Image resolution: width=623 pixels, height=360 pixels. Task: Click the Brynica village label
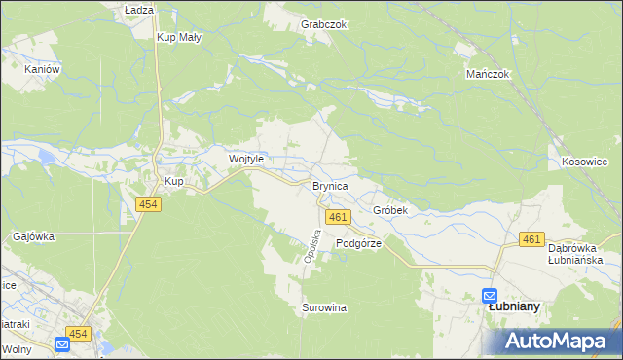(x=330, y=184)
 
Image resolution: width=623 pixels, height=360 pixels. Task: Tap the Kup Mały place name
(x=178, y=38)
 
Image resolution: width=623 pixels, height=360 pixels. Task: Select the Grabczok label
(x=325, y=23)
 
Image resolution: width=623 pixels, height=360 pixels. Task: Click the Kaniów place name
(x=43, y=69)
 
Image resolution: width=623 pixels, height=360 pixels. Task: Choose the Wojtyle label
(x=246, y=159)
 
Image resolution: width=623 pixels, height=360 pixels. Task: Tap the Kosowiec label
(x=585, y=161)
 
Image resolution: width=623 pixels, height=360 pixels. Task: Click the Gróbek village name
(x=389, y=210)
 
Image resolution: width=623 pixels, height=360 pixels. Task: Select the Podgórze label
(x=358, y=244)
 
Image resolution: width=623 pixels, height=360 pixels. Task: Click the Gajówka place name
(x=34, y=236)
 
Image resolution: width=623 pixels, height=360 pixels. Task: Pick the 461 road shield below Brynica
(x=337, y=217)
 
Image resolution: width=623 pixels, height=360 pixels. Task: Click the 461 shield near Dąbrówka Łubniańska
(x=531, y=239)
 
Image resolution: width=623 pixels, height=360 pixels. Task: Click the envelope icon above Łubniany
(x=490, y=295)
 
